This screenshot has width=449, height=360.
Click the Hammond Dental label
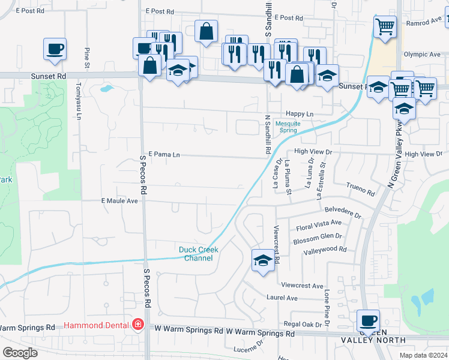pyautogui.click(x=98, y=324)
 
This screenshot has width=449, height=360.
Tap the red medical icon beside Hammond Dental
pyautogui.click(x=139, y=325)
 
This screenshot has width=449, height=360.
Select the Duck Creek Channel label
pyautogui.click(x=199, y=254)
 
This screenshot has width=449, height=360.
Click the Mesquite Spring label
pyautogui.click(x=288, y=128)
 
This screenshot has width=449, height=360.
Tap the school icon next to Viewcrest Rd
pyautogui.click(x=262, y=260)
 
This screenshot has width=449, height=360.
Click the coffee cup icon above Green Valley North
pyautogui.click(x=368, y=320)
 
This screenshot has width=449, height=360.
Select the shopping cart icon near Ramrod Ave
pyautogui.click(x=384, y=26)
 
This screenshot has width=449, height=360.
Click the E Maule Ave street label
pyautogui.click(x=119, y=200)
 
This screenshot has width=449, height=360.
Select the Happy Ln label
pyautogui.click(x=300, y=114)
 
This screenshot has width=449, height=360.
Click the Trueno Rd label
pyautogui.click(x=360, y=190)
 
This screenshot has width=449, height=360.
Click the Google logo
pyautogui.click(x=20, y=353)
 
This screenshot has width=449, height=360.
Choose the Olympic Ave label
pyautogui.click(x=422, y=54)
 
